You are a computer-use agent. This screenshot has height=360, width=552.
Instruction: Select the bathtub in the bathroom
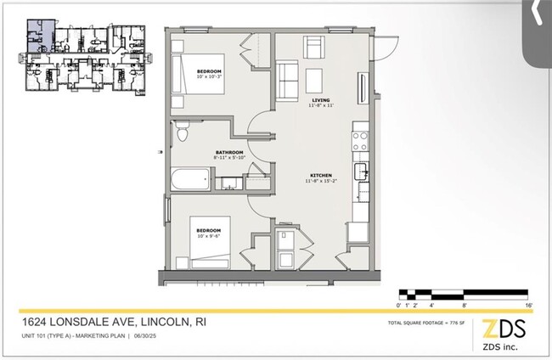click(191, 180)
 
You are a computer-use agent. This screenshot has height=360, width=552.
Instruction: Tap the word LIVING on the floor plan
click(320, 99)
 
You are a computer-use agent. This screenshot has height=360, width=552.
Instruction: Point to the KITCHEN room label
click(319, 175)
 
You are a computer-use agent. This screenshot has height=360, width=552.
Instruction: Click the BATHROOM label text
click(229, 152)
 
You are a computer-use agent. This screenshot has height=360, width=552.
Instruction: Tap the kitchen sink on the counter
click(363, 172)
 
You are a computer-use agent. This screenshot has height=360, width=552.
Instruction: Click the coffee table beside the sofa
click(314, 79)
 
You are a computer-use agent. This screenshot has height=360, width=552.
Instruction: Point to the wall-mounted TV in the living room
click(364, 88)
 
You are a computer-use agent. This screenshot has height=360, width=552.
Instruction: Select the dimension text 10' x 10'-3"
click(210, 76)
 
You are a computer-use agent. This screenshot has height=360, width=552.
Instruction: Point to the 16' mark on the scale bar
click(528, 303)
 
